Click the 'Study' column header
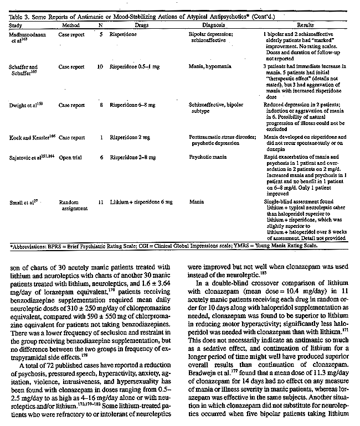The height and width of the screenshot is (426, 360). pyautogui.click(x=18, y=25)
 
